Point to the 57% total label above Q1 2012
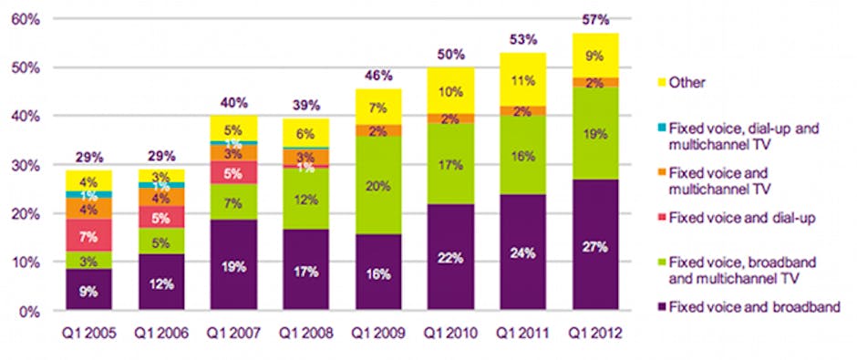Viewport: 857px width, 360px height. point(596,20)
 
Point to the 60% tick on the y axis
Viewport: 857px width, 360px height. point(26,19)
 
